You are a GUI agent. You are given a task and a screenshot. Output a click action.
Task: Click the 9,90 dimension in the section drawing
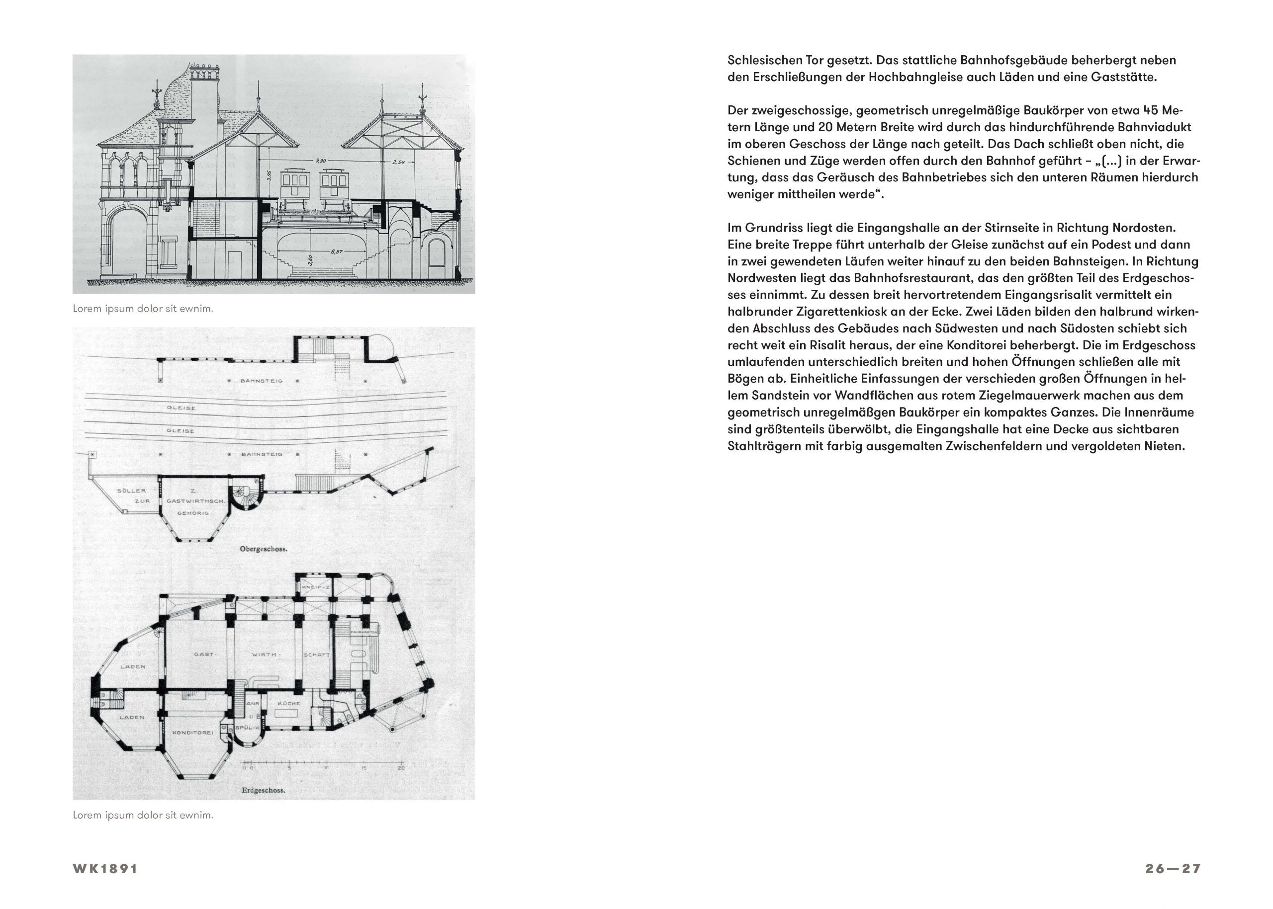pyautogui.click(x=321, y=161)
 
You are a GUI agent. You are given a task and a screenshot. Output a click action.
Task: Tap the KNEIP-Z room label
pyautogui.click(x=314, y=587)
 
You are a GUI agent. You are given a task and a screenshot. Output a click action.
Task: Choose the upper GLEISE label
pyautogui.click(x=182, y=408)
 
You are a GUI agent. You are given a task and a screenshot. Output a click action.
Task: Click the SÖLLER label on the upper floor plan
pyautogui.click(x=131, y=491)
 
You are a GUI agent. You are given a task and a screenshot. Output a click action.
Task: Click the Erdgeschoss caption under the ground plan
pyautogui.click(x=263, y=791)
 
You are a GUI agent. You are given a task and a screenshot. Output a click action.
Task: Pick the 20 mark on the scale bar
pyautogui.click(x=401, y=768)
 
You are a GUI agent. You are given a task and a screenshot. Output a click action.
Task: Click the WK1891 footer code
pyautogui.click(x=105, y=869)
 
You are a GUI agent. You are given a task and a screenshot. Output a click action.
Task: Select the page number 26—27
pyautogui.click(x=1172, y=869)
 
